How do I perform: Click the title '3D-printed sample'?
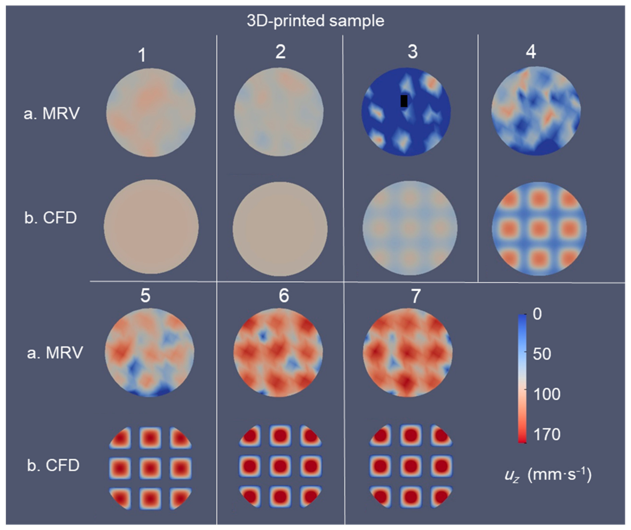coord(315,21)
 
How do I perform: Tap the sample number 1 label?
coord(142,55)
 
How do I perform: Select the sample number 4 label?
coord(531,52)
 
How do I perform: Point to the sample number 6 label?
coord(283,296)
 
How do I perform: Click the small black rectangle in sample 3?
coord(404,101)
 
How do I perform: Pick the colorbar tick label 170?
coord(547,435)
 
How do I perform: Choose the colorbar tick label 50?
coord(542,354)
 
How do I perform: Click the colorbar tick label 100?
coord(547,394)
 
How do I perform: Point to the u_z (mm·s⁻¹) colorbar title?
coord(547,476)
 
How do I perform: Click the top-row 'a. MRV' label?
coord(52,113)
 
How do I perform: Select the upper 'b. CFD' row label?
coord(51,218)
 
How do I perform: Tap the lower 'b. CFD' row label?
coord(53,466)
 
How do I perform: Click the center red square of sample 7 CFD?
coord(411,466)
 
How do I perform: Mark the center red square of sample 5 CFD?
coord(150,466)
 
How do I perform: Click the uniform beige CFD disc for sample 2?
coord(280,228)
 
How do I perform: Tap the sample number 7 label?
coord(415,296)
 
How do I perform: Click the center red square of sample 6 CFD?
coord(280,466)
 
